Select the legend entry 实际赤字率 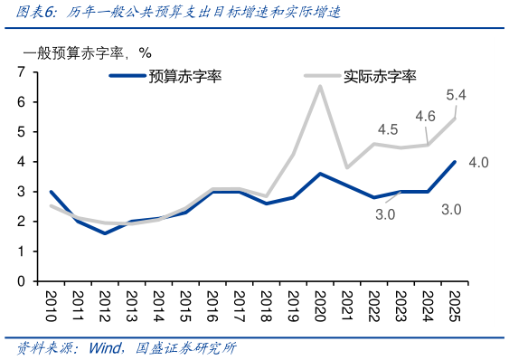(380, 77)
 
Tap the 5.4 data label (456, 96)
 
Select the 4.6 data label (425, 116)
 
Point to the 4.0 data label (478, 163)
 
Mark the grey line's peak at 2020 (320, 86)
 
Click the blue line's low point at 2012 (104, 233)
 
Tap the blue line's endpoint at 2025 (455, 162)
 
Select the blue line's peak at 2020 (320, 174)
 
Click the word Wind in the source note (101, 348)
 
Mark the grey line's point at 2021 (347, 167)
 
